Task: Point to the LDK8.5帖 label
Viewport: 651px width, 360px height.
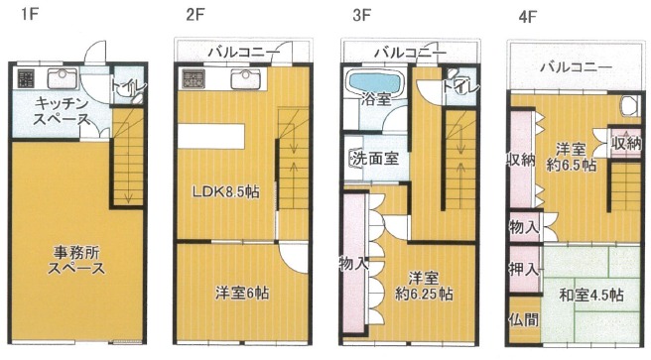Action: click(x=226, y=191)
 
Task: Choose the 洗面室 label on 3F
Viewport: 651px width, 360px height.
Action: click(x=373, y=158)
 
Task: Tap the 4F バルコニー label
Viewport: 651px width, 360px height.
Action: click(x=575, y=67)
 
